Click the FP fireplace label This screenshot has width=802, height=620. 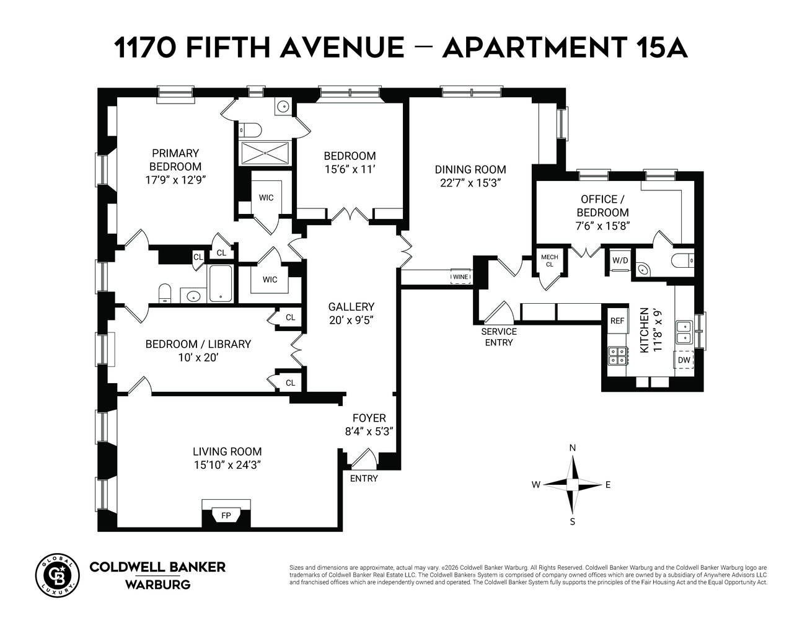[226, 515]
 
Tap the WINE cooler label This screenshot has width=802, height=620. [460, 277]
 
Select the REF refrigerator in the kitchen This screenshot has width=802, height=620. [617, 321]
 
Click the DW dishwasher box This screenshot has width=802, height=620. [684, 360]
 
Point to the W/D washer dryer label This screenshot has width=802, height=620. [620, 260]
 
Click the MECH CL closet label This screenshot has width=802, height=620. [550, 260]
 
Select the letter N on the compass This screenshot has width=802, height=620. [573, 448]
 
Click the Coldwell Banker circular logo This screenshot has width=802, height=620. [57, 575]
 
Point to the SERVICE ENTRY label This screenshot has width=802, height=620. [499, 337]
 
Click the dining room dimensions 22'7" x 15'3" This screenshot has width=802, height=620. [470, 183]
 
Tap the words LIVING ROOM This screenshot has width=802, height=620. [227, 451]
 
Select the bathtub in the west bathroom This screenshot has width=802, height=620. [221, 283]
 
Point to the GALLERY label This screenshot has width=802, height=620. [351, 307]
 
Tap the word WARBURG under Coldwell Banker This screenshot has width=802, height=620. [158, 585]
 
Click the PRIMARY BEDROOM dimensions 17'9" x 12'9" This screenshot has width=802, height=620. [175, 180]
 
